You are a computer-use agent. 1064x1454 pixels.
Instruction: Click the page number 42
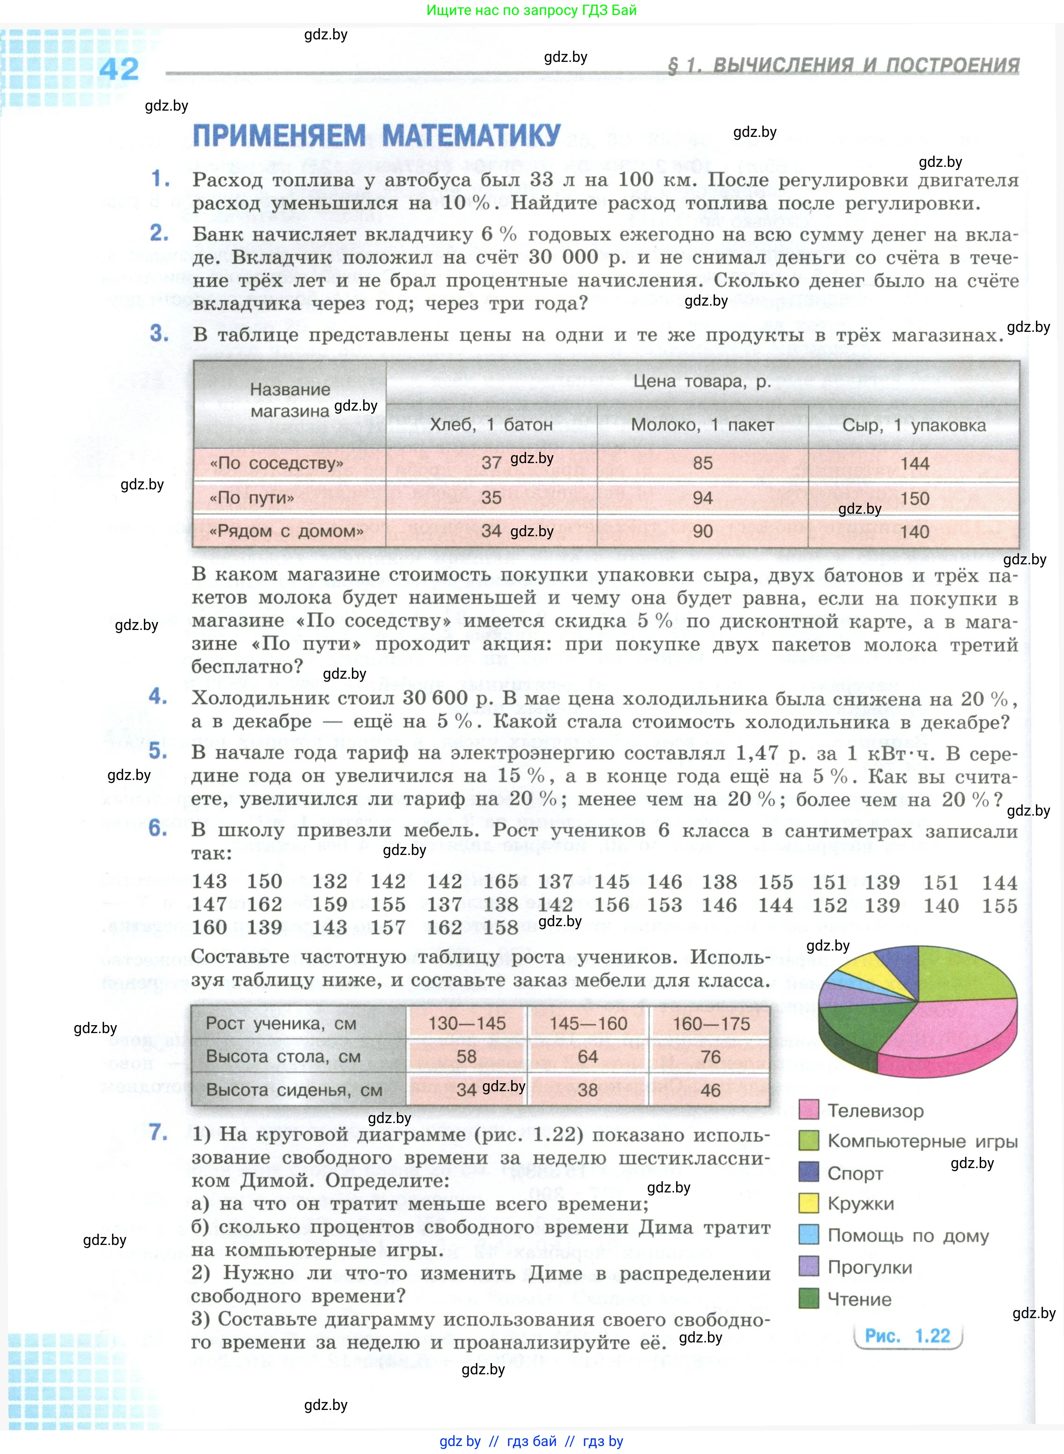(119, 69)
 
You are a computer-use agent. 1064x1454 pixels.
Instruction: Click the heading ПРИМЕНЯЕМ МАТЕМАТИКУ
(377, 136)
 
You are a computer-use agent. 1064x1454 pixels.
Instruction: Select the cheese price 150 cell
(914, 498)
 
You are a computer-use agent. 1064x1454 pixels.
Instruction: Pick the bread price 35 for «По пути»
(491, 497)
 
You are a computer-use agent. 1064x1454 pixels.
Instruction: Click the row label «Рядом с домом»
(287, 532)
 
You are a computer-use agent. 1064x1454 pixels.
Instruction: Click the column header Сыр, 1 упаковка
(914, 425)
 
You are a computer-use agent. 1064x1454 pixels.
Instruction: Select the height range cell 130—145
(467, 1024)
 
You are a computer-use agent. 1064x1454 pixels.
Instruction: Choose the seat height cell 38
(588, 1090)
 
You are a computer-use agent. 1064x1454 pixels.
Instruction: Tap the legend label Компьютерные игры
(923, 1141)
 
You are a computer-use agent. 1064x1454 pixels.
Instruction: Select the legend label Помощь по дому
(908, 1235)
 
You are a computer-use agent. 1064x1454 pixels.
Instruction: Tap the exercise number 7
(158, 1132)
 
